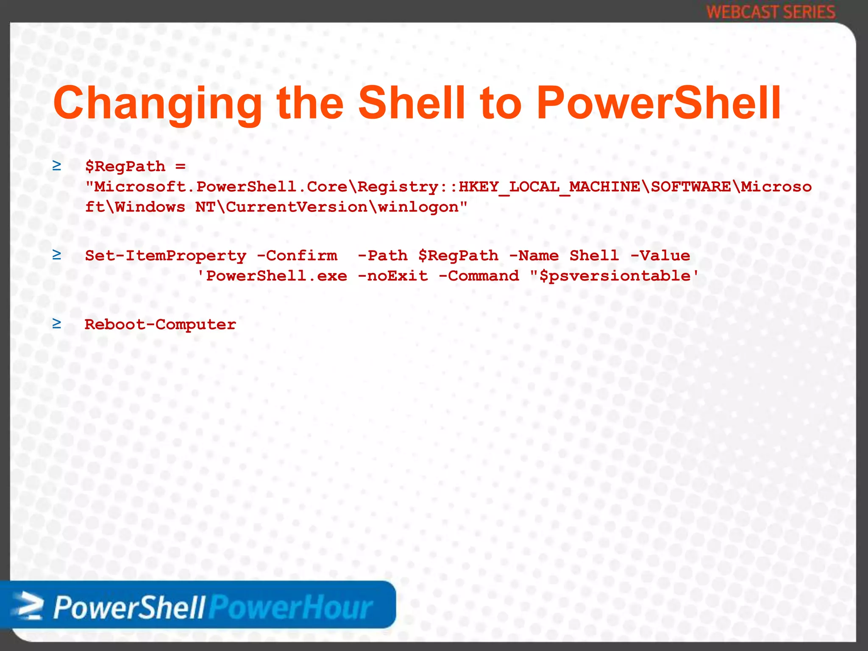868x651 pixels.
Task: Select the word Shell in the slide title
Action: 412,103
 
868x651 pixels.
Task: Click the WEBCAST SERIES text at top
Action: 771,12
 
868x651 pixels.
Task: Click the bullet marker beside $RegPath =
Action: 56,166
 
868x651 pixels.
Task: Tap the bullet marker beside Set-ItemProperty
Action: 56,255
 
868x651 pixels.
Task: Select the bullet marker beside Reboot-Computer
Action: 56,324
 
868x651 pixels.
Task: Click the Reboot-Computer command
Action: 160,325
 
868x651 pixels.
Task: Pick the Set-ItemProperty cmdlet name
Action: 165,256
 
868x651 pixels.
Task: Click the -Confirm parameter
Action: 297,256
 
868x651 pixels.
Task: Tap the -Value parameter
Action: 660,256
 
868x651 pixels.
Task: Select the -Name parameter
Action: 534,256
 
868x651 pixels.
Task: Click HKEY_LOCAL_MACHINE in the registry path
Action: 549,187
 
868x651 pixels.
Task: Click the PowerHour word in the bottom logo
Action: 292,607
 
